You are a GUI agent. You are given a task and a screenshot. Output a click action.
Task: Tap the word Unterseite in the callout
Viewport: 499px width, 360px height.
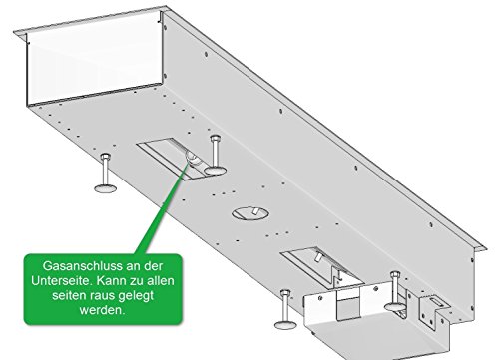tap(62, 280)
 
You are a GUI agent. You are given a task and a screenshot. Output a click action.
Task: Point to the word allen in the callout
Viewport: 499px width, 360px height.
tap(161, 280)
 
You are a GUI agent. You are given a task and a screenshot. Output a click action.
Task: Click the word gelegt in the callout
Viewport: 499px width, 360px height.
tap(136, 296)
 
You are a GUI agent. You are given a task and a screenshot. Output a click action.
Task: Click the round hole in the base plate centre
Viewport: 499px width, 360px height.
tap(250, 213)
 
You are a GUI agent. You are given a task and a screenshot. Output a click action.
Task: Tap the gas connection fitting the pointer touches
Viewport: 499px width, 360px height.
tap(193, 158)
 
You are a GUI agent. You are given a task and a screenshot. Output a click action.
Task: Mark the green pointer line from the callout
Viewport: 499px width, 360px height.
tap(164, 207)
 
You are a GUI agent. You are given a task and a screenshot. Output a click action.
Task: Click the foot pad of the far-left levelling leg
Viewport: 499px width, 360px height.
tap(106, 188)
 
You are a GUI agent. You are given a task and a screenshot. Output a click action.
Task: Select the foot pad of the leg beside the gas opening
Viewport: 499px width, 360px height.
tap(215, 171)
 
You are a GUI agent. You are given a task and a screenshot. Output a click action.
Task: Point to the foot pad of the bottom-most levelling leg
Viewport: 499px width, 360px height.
tap(285, 325)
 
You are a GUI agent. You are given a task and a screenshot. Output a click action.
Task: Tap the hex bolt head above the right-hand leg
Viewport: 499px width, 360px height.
tap(394, 275)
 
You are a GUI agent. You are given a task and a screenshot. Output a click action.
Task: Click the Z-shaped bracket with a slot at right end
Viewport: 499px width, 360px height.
tap(432, 311)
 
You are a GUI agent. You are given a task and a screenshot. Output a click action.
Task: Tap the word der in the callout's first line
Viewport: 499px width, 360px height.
tap(154, 266)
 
